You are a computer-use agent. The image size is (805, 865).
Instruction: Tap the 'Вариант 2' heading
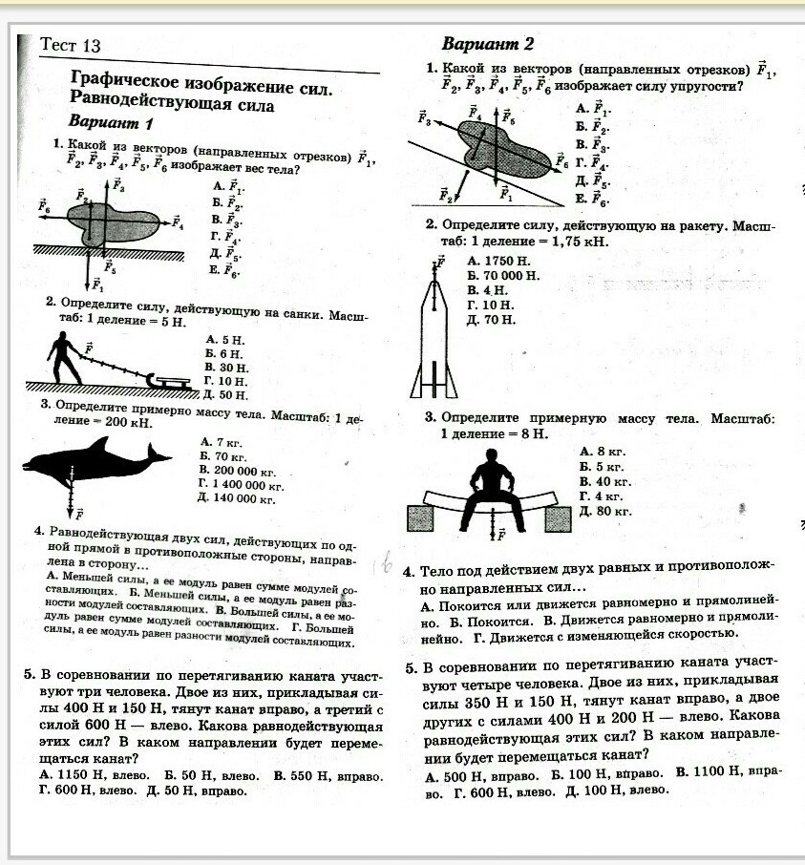click(487, 45)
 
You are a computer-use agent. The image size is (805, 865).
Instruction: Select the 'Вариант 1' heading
click(111, 124)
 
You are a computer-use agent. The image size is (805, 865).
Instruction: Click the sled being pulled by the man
click(173, 381)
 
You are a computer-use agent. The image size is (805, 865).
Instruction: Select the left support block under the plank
click(421, 518)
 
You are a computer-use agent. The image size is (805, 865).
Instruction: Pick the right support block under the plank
click(558, 518)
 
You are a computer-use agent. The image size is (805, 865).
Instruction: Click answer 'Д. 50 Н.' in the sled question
click(226, 393)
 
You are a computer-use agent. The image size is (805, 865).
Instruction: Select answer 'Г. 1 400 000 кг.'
click(241, 485)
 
